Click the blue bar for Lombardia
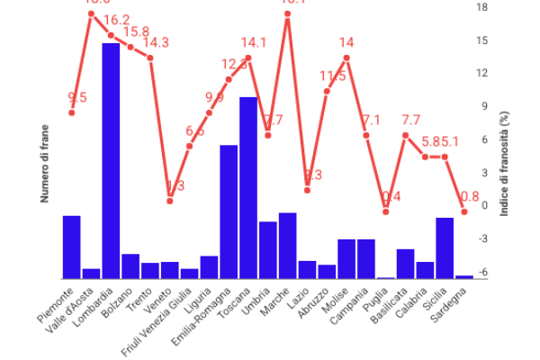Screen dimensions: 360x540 111,160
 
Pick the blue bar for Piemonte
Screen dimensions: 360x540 71,247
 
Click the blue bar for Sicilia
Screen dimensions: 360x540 445,247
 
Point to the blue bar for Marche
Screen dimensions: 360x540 288,245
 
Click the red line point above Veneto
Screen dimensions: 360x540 170,201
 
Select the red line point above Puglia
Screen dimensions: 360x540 386,211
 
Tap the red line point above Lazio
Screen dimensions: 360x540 308,190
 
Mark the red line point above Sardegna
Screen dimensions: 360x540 464,211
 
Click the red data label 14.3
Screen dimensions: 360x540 156,42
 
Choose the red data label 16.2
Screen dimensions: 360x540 117,20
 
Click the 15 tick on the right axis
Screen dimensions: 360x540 482,40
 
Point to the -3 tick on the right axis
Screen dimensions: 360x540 482,238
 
